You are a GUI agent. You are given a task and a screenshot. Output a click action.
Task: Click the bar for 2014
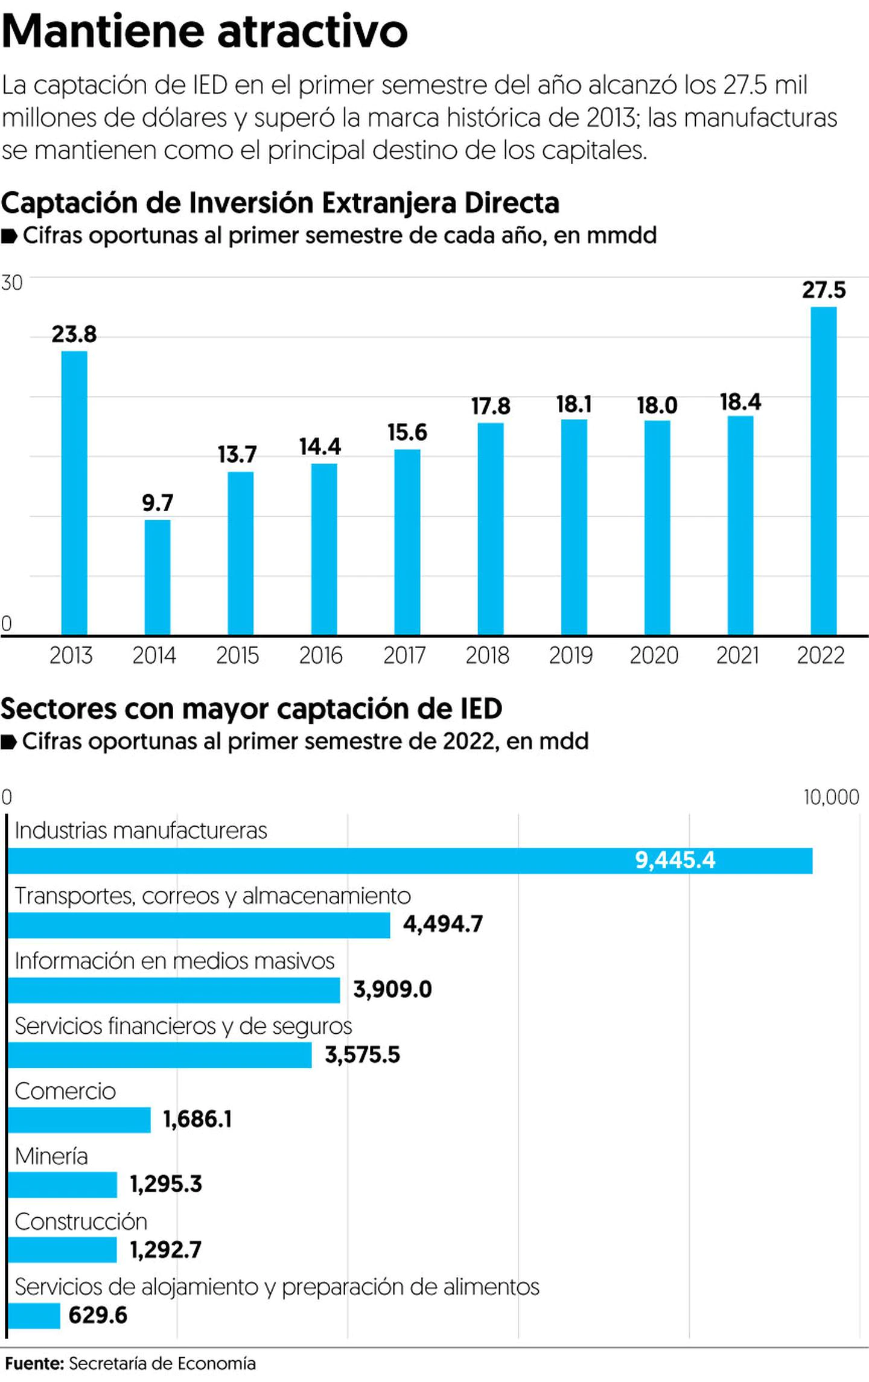tap(158, 577)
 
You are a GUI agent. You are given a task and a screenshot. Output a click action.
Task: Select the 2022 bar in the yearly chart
tap(823, 471)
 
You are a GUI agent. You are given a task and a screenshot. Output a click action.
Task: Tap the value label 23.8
tap(74, 334)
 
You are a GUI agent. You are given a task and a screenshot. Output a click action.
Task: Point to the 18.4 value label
tap(740, 402)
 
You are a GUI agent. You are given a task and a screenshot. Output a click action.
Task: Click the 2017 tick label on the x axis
tap(404, 655)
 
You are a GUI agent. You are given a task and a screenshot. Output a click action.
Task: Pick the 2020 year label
tap(654, 655)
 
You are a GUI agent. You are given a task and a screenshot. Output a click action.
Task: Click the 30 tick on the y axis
tap(11, 282)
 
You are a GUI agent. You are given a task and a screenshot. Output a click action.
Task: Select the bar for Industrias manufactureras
tap(410, 861)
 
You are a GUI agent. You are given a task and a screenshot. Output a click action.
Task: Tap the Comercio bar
tap(79, 1119)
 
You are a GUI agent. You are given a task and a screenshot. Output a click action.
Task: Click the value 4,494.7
tap(443, 925)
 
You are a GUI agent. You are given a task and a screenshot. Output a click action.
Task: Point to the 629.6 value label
tap(98, 1315)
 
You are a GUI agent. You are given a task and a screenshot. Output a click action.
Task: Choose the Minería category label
tap(51, 1156)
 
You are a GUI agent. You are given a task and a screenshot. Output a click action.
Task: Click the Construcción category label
tap(81, 1221)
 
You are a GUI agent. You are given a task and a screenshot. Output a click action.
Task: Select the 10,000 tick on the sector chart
tap(831, 797)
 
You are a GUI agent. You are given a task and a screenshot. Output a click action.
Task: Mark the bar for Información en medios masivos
tap(174, 990)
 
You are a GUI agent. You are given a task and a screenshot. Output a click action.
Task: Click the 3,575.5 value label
tap(362, 1055)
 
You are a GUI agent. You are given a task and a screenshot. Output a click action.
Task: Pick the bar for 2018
tap(491, 529)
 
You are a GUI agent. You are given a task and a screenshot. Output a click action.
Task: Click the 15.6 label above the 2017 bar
tap(407, 432)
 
